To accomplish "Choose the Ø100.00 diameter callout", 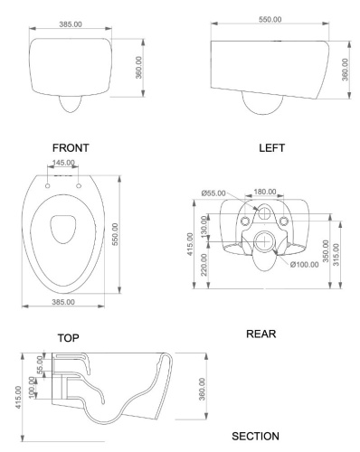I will click(x=306, y=263).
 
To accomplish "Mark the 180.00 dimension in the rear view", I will click(x=266, y=193).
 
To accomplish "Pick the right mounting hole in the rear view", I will click(x=288, y=221).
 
